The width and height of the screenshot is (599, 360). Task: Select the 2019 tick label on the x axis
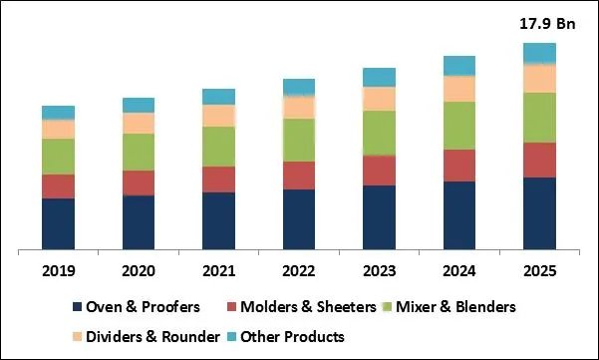tap(58, 270)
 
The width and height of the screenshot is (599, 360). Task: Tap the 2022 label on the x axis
tap(298, 270)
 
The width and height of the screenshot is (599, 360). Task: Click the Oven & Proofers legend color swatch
tap(76, 307)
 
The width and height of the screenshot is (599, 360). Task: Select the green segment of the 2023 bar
tap(379, 133)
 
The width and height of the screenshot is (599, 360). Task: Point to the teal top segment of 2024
tap(458, 66)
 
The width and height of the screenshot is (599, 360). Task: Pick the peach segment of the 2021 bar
tap(218, 116)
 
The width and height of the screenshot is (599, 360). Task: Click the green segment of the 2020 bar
tap(138, 152)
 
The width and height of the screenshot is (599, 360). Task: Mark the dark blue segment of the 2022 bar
tap(298, 218)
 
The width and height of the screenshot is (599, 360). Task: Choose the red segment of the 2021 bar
tap(218, 179)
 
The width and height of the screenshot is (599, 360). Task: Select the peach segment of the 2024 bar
tap(458, 89)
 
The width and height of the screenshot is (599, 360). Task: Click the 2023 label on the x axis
tap(379, 270)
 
